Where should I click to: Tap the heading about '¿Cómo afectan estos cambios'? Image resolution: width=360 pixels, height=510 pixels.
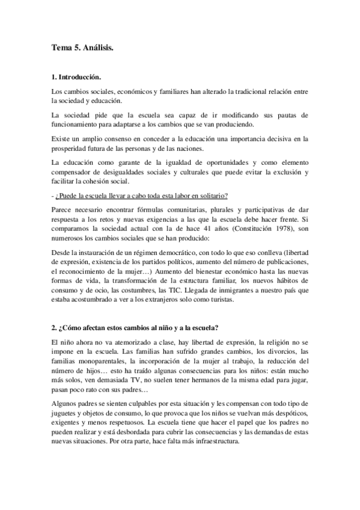point(135,328)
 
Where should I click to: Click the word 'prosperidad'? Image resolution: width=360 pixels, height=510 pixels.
point(71,149)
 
